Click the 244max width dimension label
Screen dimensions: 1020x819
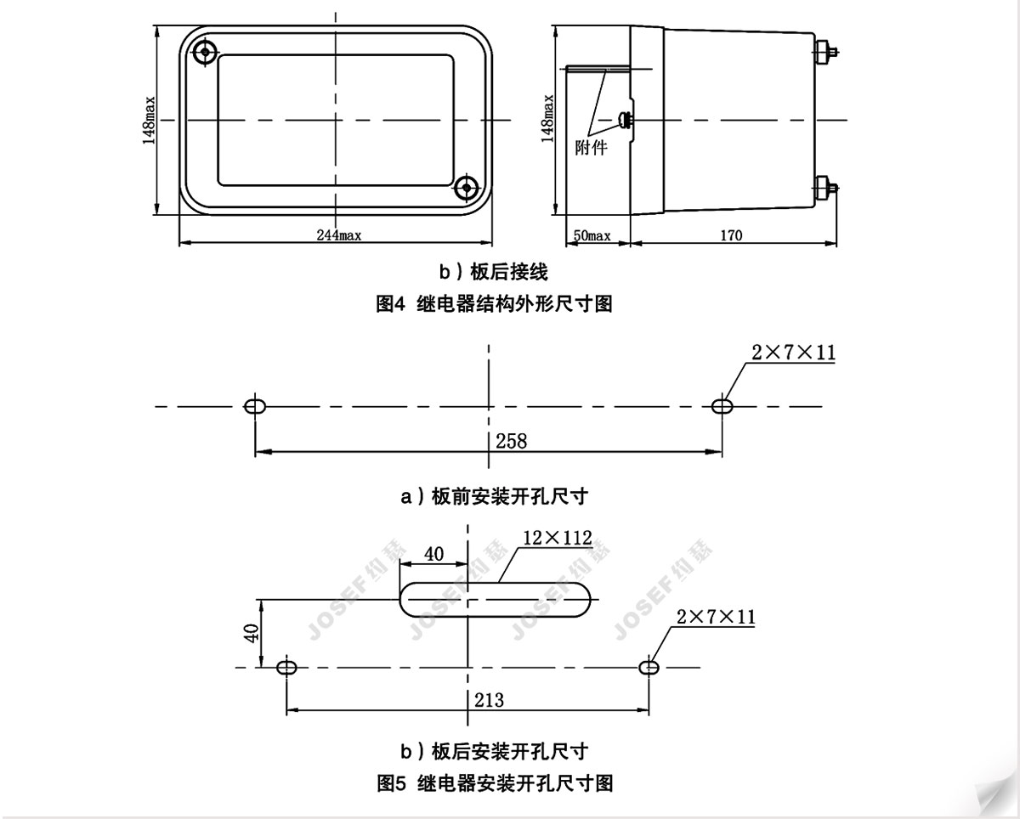tap(339, 235)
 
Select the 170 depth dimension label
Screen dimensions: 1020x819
tap(731, 235)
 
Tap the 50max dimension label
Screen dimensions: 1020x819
tap(592, 235)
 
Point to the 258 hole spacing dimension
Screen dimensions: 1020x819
tap(512, 442)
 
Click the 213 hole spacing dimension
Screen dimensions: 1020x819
tap(489, 700)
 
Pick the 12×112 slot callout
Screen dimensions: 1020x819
tap(558, 538)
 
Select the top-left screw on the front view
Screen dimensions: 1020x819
tap(205, 51)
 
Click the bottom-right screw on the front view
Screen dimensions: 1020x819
tap(467, 188)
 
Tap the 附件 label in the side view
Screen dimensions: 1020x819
tap(591, 148)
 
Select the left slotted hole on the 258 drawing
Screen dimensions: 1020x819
tap(254, 406)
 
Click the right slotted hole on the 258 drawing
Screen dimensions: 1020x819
tap(722, 406)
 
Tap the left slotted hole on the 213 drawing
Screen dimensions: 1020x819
tap(286, 668)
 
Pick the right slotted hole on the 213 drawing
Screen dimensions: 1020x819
tap(649, 668)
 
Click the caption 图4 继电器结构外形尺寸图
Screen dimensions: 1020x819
tap(494, 303)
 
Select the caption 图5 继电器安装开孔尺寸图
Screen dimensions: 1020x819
tap(495, 783)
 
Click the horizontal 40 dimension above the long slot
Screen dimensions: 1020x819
tap(433, 554)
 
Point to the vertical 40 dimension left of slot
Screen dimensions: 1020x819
tap(252, 633)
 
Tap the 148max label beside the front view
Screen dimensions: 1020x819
tap(149, 121)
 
